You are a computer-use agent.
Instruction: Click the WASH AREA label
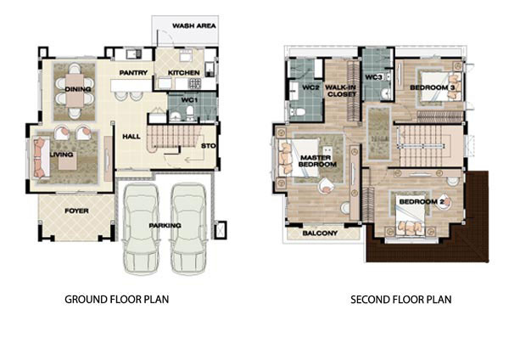coord(193,25)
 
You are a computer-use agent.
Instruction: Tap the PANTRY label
coord(133,73)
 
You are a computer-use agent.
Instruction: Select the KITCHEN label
coord(183,73)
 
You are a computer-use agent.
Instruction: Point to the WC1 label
coord(189,100)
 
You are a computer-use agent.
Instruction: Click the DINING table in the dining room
coord(75,90)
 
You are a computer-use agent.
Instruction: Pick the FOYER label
coord(76,211)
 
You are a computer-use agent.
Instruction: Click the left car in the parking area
coord(142,229)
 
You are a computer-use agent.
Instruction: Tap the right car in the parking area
coord(188,229)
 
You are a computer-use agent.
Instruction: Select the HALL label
coord(131,137)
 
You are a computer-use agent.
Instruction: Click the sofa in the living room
coord(40,158)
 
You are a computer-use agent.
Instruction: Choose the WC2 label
coord(310,87)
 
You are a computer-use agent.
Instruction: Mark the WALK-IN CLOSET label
coord(341,91)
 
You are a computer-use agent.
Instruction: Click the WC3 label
coord(373,77)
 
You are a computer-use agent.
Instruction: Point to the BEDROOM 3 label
coord(433,87)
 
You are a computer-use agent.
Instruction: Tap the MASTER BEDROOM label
coord(317,160)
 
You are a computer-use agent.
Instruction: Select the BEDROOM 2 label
coord(422,202)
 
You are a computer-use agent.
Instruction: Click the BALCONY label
coord(320,233)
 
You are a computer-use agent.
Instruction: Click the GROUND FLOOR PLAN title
coord(117,299)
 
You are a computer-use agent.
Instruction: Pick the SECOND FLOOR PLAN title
coord(401,299)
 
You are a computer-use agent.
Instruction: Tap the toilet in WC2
coord(298,112)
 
